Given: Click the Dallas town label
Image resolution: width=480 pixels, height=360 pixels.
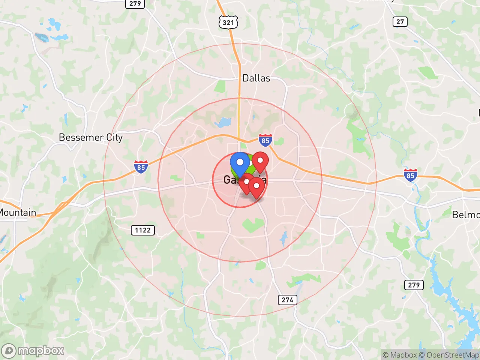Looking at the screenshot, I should [x=256, y=78].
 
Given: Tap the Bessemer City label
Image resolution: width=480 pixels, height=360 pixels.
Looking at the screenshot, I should [x=91, y=137].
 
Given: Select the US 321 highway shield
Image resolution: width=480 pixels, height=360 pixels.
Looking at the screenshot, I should [x=228, y=22].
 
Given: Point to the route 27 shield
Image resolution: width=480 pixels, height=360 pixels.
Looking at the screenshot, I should [x=400, y=21].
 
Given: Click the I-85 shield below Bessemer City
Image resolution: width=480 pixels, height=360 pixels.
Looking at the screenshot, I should [x=141, y=167].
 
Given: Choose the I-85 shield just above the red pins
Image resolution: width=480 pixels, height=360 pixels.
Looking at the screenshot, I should [x=265, y=141].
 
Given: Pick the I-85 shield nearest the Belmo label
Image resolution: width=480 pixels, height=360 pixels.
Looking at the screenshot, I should [x=410, y=175].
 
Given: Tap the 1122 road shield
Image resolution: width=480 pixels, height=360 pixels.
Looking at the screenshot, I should [x=142, y=230].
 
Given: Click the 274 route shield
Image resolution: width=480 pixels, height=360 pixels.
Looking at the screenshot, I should [x=287, y=300].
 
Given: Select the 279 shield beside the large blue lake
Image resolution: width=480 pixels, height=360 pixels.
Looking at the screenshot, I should [x=414, y=285].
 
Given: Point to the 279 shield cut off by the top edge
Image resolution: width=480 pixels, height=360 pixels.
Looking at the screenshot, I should [x=135, y=4].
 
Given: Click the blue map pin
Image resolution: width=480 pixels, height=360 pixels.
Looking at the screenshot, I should [x=240, y=163].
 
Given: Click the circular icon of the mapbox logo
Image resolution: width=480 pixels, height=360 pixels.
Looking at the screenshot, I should [x=9, y=351].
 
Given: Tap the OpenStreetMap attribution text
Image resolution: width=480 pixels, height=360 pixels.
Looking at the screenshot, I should [x=452, y=355].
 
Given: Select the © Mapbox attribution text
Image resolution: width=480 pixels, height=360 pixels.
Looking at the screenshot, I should [x=400, y=355].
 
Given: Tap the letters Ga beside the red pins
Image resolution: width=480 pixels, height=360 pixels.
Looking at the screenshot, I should [x=229, y=180].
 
